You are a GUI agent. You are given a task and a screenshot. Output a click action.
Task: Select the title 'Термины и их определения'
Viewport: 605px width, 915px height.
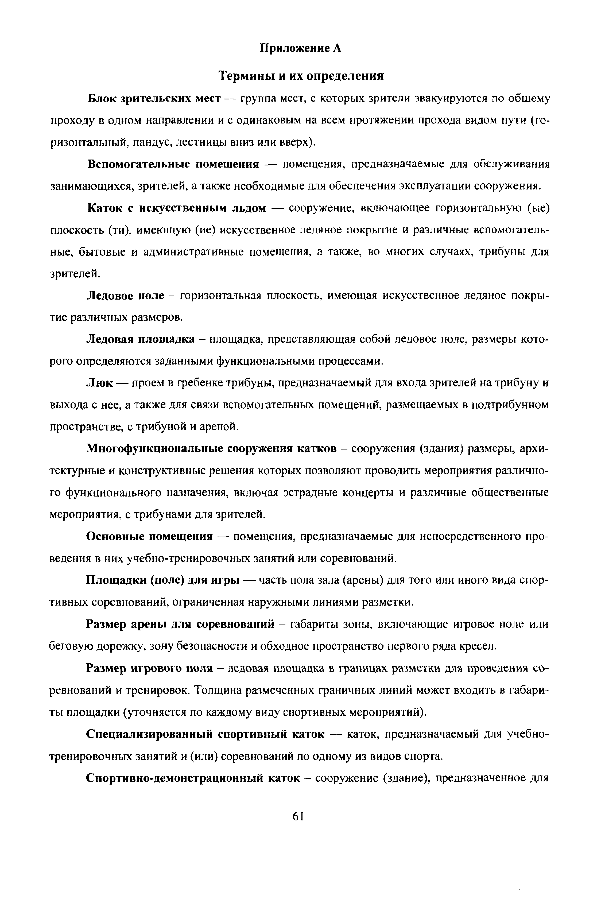[x=301, y=76]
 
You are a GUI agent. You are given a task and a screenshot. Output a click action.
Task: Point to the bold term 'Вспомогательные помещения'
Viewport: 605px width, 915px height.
[x=173, y=164]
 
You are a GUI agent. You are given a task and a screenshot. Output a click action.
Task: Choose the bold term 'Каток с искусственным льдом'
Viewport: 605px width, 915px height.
[x=177, y=208]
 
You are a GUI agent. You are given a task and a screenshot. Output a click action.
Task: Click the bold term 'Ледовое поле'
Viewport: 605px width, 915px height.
[x=125, y=296]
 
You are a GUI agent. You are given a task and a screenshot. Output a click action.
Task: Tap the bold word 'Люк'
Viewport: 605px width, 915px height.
[x=100, y=383]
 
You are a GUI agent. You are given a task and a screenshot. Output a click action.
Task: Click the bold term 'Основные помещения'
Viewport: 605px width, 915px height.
[x=150, y=537]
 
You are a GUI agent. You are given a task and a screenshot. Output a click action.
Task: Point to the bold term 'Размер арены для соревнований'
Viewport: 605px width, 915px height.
[x=180, y=624]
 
